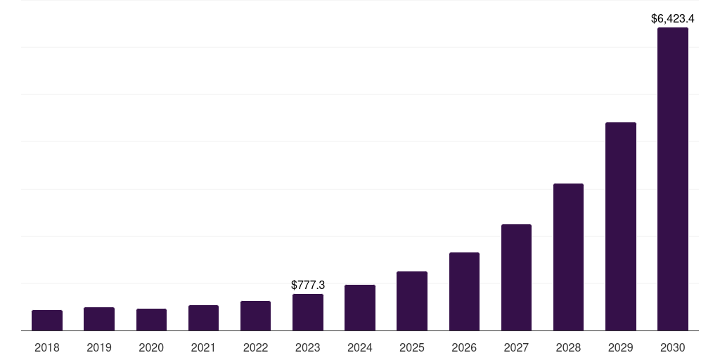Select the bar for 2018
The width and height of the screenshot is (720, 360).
click(x=47, y=321)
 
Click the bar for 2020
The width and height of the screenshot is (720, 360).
click(x=152, y=320)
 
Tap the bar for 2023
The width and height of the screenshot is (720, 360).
click(x=308, y=312)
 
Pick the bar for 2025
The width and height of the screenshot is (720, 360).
click(x=412, y=301)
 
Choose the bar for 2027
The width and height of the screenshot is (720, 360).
click(x=516, y=277)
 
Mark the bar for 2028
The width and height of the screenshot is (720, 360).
click(x=568, y=257)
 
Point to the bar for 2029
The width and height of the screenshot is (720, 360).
click(x=621, y=226)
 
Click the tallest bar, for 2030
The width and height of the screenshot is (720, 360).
click(x=673, y=179)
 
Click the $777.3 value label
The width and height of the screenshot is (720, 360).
click(x=308, y=285)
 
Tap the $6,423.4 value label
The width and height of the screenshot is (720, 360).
click(x=673, y=19)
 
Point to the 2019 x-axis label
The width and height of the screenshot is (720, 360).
click(x=99, y=347)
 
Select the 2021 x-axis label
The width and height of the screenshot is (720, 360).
click(x=203, y=347)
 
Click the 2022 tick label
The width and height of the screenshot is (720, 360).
click(x=255, y=347)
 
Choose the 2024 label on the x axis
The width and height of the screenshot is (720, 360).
click(x=360, y=347)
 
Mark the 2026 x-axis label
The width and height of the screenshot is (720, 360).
click(x=464, y=347)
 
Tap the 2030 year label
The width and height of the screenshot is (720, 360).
click(x=673, y=347)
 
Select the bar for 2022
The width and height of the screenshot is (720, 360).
click(x=255, y=316)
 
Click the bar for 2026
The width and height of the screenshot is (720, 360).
click(x=464, y=292)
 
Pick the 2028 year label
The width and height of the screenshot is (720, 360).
click(x=568, y=347)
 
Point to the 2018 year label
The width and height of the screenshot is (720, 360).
click(x=47, y=347)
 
